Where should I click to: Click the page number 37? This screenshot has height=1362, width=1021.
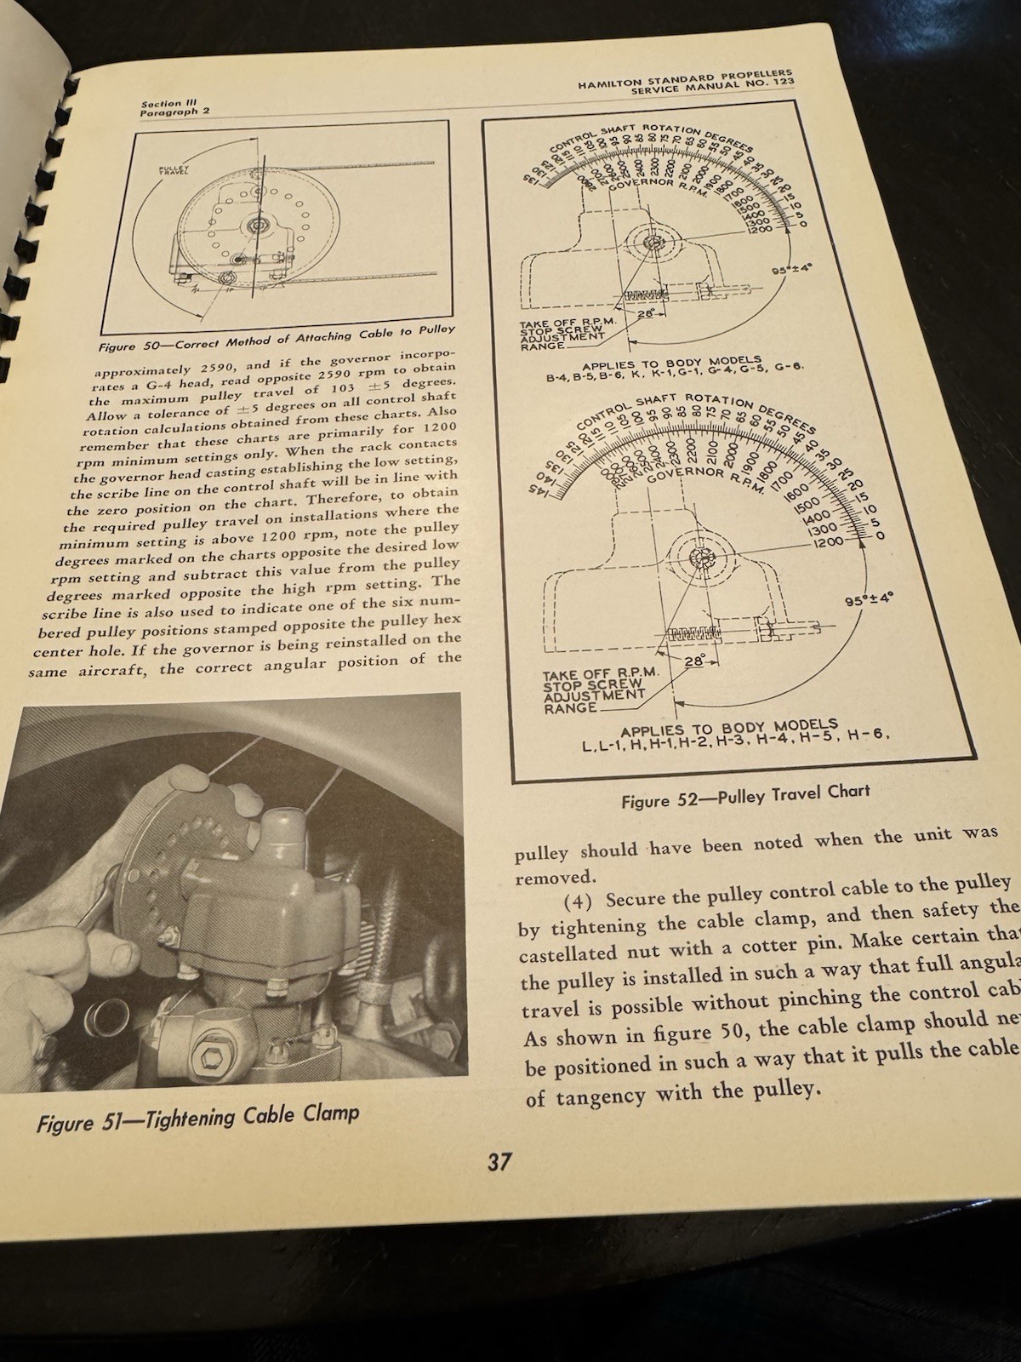[x=499, y=1161]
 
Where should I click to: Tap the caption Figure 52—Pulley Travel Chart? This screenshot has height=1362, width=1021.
[x=744, y=795]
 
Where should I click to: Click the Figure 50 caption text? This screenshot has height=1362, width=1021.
[x=277, y=338]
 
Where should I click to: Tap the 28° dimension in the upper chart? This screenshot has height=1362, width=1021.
[x=645, y=314]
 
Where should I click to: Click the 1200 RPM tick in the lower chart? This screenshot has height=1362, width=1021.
[x=827, y=541]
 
